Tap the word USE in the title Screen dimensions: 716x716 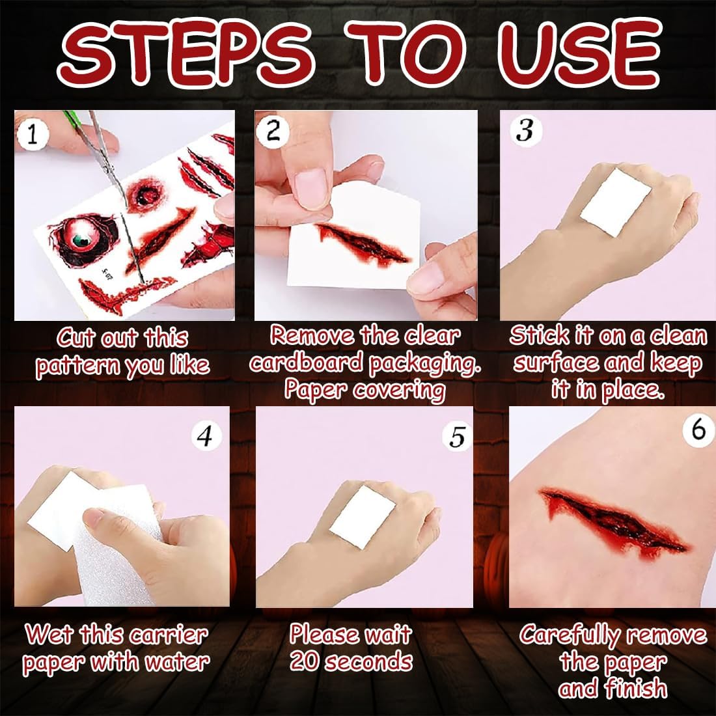point(579,53)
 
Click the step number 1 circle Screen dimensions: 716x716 point(32,135)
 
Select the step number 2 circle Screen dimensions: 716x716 point(273,131)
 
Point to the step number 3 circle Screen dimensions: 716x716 point(525,131)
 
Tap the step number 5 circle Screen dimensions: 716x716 point(457,437)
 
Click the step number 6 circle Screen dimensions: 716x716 point(698,430)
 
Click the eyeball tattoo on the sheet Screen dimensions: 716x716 point(85,238)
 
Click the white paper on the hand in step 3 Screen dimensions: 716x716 point(615,202)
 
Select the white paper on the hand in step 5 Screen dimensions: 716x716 point(362,517)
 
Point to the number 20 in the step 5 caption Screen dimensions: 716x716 point(305,661)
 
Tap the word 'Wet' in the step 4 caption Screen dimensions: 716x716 point(49,634)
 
